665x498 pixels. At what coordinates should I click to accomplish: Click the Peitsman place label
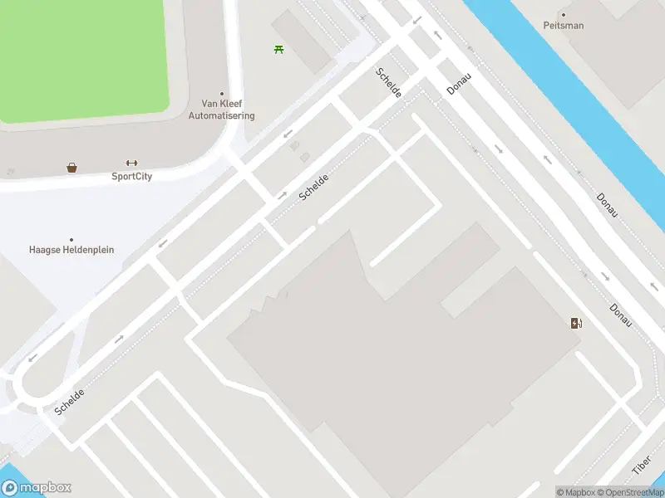pos(564,26)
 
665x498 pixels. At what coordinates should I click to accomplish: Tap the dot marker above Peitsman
pos(564,14)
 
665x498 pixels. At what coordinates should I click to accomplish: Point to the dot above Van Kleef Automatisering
pos(221,94)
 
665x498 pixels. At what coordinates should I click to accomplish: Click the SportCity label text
pos(131,176)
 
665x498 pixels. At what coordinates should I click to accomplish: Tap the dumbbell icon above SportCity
pos(131,163)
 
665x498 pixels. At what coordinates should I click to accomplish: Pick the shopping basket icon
pos(72,168)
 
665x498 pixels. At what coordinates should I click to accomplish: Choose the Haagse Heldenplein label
pos(71,250)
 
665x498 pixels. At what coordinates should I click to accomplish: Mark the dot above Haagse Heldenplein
pos(71,239)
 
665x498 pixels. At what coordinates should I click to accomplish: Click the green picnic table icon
pos(278,50)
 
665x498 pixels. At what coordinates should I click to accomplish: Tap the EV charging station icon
pos(576,323)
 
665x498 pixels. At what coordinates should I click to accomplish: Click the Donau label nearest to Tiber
pos(621,315)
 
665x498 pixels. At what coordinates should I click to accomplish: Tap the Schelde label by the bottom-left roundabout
pos(70,402)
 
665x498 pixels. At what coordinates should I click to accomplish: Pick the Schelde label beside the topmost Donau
pos(389,83)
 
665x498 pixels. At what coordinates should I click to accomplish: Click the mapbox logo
pos(36,488)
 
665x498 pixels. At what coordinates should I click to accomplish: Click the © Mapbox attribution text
pos(575,492)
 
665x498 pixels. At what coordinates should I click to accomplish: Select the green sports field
pos(83,58)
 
